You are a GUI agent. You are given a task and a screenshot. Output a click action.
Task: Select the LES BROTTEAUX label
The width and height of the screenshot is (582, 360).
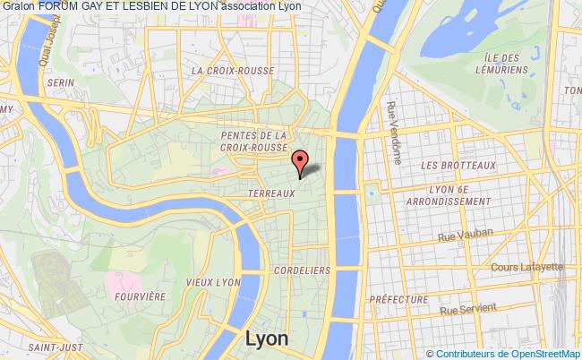click(457, 165)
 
